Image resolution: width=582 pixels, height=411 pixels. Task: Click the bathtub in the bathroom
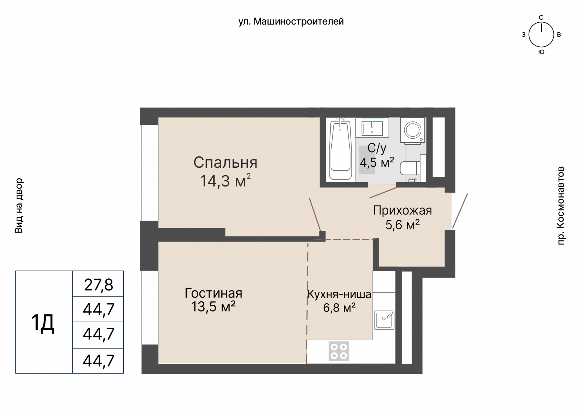[x=340, y=150]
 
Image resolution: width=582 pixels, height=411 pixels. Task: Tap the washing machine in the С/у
[x=413, y=130]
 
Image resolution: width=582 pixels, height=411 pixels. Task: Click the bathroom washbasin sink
[x=372, y=127]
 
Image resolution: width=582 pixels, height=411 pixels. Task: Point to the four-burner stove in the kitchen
[x=339, y=351]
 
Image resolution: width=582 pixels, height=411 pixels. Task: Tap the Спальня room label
[x=225, y=163]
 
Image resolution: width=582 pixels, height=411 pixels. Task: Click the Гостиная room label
[x=213, y=293]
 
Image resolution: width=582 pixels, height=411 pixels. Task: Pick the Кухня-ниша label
[x=339, y=294]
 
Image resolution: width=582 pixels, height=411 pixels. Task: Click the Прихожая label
[x=402, y=210]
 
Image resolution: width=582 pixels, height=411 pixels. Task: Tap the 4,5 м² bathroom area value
[x=377, y=163]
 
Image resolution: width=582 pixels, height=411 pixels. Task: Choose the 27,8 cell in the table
[x=98, y=284]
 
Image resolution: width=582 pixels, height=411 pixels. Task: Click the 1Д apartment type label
[x=43, y=323]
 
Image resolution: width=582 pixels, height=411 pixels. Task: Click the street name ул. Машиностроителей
[x=291, y=21]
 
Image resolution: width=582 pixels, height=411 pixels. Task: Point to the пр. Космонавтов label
[x=561, y=205]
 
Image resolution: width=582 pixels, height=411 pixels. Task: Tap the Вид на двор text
[x=19, y=205]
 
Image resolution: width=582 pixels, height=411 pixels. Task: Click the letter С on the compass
[x=541, y=18]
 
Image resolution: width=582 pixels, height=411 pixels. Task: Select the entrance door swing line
[x=460, y=211]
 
